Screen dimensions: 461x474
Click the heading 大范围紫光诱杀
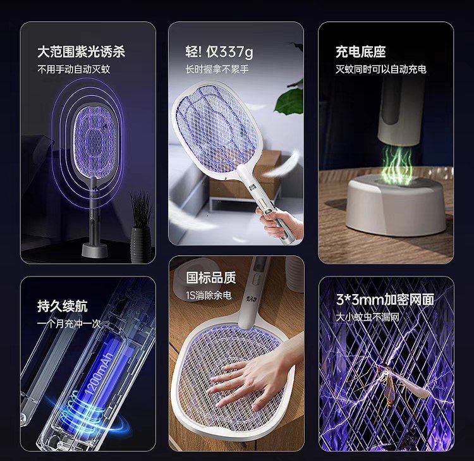81,52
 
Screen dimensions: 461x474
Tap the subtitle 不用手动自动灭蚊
73,69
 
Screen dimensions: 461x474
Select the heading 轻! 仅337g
219,52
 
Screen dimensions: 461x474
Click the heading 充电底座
360,52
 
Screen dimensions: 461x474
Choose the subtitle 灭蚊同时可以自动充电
380,69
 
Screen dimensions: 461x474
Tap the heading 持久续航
62,307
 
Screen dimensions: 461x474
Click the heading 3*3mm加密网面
384,299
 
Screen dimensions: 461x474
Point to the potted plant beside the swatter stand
140,224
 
